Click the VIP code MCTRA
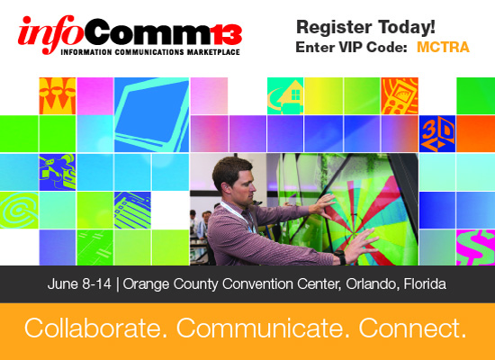click(443, 48)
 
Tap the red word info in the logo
click(50, 35)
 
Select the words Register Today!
click(365, 27)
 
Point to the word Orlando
click(370, 283)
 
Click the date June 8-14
click(79, 283)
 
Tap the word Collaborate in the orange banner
click(93, 328)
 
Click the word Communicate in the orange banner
click(259, 328)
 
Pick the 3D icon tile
click(437, 134)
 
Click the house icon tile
click(285, 95)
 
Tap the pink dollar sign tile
click(475, 247)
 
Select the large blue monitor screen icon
click(152, 114)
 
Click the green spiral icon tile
click(19, 210)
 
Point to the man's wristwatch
click(340, 257)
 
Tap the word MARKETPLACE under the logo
click(213, 52)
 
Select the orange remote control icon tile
click(400, 95)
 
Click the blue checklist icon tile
click(132, 210)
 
